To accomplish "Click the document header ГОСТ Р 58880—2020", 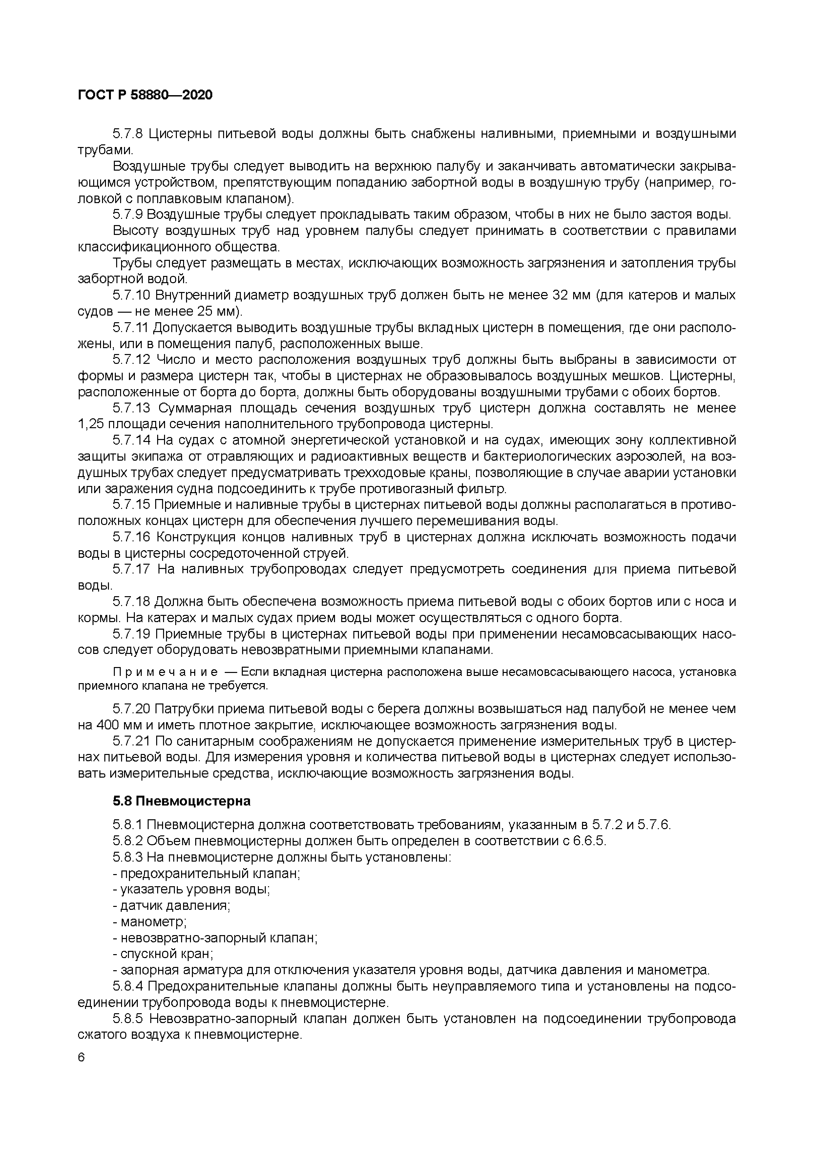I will pyautogui.click(x=145, y=95).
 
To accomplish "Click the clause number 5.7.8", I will pyautogui.click(x=128, y=134).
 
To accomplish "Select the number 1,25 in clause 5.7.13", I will pyautogui.click(x=91, y=424).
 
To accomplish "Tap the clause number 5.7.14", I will pyautogui.click(x=131, y=440).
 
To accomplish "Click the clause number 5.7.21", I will pyautogui.click(x=131, y=742).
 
